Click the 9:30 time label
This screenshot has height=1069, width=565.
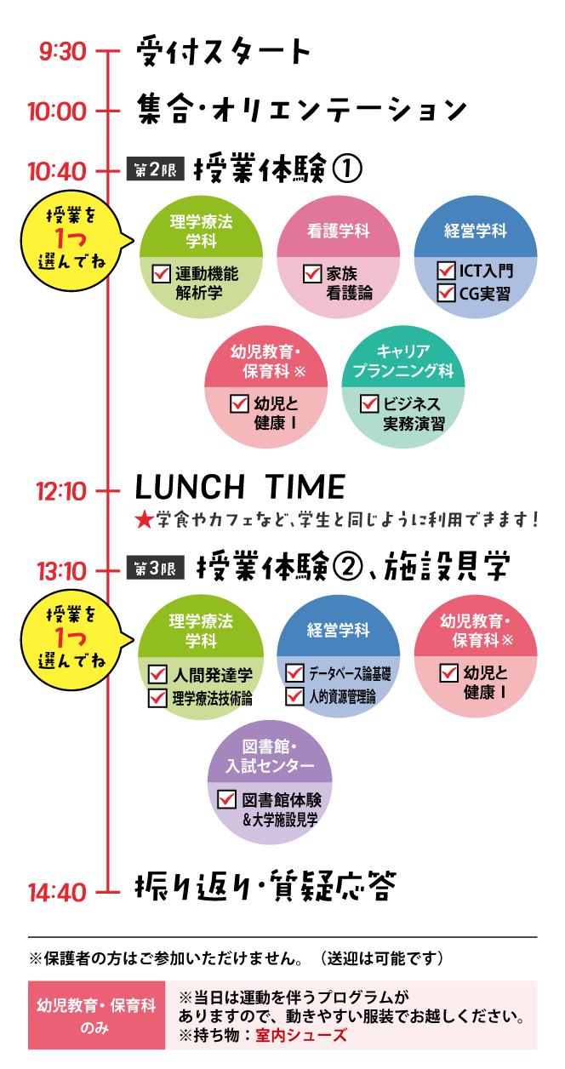point(62,52)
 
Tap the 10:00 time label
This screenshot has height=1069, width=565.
point(57,111)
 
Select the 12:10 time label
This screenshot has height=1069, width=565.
point(60,491)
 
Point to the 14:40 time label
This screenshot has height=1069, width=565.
point(57,893)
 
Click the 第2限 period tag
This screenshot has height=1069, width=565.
point(155,170)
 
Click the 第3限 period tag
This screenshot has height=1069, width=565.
point(155,569)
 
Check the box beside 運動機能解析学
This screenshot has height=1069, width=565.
point(162,274)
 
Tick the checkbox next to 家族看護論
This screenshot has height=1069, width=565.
point(312,274)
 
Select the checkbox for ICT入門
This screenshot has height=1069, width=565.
point(446,271)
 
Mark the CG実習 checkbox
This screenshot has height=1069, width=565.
point(446,294)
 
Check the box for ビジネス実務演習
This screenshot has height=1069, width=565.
point(369,403)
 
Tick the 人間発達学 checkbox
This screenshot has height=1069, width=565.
point(158,675)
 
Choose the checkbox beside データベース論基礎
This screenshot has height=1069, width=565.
point(295,673)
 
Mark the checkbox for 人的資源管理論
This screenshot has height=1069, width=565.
point(295,696)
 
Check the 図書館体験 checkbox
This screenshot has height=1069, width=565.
point(227,800)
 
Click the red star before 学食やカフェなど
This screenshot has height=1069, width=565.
point(144,518)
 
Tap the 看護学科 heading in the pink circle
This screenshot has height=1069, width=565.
point(338,231)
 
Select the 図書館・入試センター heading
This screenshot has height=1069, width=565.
point(270,757)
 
